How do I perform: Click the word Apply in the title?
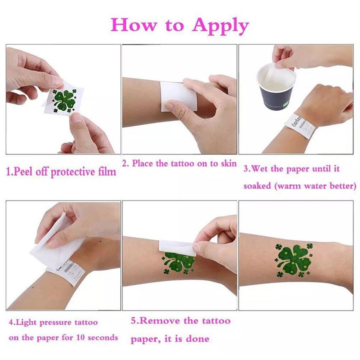click(x=220, y=26)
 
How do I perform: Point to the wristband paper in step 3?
click(x=300, y=126)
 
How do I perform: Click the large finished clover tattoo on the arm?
click(x=294, y=259)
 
